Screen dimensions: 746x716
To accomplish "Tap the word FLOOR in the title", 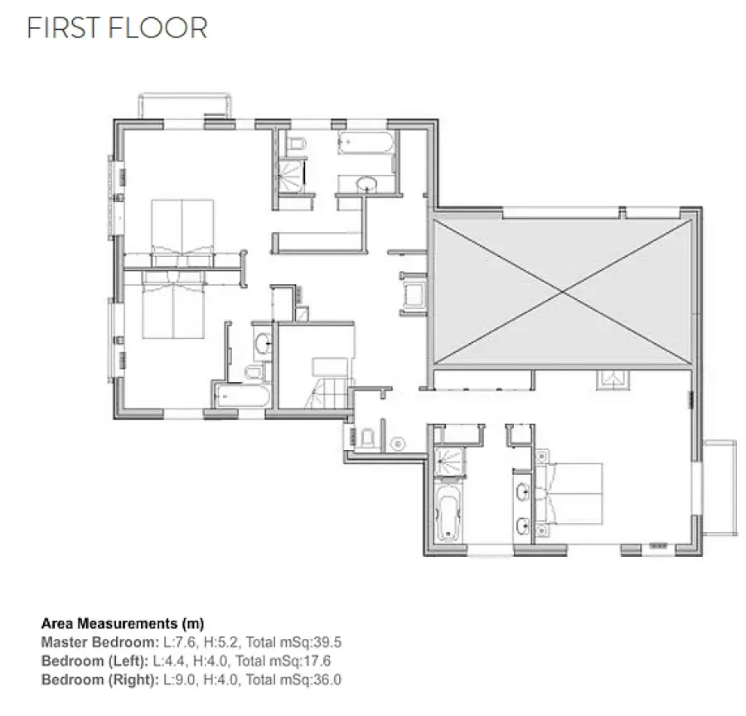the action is point(158,28).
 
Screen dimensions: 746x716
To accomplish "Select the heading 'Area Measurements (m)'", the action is point(123,623).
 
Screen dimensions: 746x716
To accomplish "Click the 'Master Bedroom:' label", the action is point(100,642).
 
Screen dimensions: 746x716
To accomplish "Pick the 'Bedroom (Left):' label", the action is point(95,660).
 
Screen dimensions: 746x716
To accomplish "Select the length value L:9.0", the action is point(179,680).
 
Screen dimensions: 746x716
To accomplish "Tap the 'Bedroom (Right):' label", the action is point(100,680).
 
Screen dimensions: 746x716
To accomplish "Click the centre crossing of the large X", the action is point(563,292).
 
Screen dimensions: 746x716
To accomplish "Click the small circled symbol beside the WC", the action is point(398,444).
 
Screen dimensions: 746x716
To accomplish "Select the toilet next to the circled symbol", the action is point(368,438).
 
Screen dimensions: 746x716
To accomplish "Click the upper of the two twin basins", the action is point(523,491).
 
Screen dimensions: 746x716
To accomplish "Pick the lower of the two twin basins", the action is point(523,527).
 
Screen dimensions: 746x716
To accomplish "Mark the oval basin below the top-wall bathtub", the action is point(366,185).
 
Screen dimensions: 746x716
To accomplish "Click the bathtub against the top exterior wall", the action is point(366,143).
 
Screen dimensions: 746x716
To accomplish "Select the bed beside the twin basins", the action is point(569,494).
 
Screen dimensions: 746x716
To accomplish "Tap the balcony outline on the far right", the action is point(720,488).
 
